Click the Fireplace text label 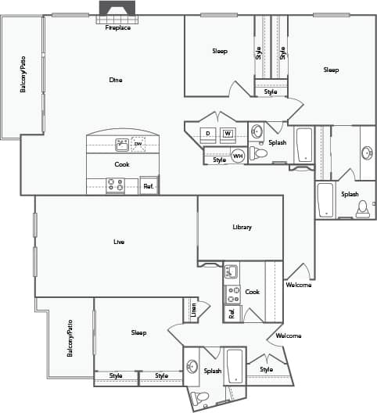118,27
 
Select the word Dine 116,80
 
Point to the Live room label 119,242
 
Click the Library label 242,228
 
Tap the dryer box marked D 208,134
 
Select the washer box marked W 228,134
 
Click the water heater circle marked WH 238,155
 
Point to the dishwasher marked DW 138,145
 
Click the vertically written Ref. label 232,314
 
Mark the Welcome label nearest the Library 299,285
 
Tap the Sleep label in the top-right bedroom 331,70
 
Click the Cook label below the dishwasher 122,164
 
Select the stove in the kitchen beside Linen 233,294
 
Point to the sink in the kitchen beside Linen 231,272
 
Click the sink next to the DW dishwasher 122,145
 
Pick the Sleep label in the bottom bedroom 138,332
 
